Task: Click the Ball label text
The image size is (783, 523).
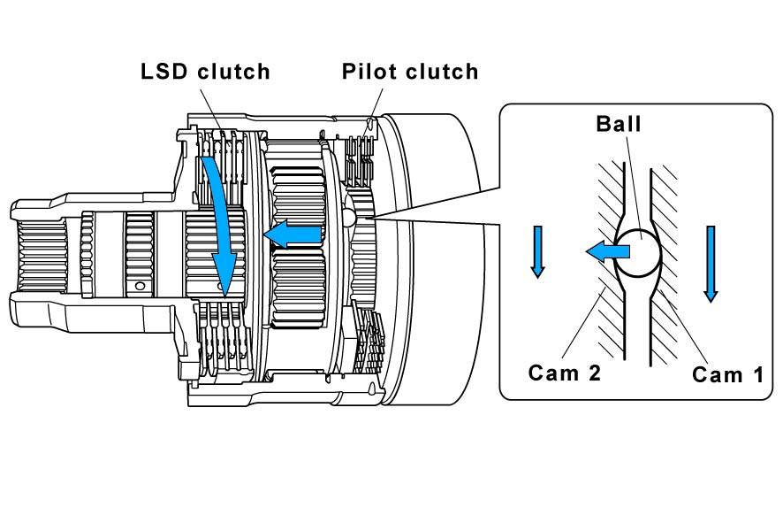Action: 619,124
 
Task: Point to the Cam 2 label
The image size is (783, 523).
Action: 565,373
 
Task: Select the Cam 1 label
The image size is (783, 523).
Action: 727,374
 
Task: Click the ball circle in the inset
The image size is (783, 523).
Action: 638,252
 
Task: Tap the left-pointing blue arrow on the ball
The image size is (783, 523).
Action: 607,250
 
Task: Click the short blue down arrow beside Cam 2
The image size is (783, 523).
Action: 537,251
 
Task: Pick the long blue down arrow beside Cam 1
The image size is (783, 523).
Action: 711,264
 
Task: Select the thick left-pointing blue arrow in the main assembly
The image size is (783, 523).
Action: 292,234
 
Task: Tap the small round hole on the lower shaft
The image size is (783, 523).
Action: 140,286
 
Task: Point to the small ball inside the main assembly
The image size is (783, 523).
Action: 348,217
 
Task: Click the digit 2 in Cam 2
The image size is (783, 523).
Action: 594,373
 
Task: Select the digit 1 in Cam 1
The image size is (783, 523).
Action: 758,374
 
